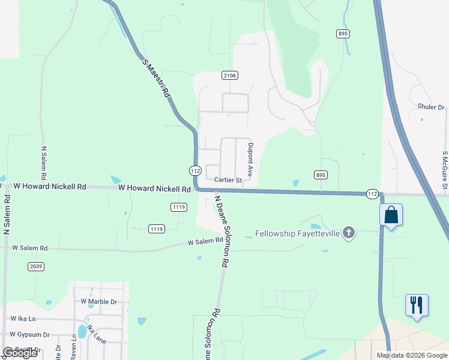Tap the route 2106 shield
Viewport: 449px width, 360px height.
(x=230, y=75)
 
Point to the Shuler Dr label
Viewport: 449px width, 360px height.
(x=430, y=107)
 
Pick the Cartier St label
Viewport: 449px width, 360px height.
(x=228, y=180)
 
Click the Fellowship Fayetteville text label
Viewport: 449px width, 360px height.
(x=298, y=233)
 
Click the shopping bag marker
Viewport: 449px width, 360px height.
(x=391, y=215)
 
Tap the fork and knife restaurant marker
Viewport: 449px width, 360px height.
(x=416, y=305)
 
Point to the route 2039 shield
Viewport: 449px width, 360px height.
(x=35, y=266)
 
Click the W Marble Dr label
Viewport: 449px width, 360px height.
(x=99, y=302)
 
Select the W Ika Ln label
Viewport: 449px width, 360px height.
(x=23, y=319)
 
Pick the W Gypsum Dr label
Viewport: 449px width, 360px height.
(x=29, y=334)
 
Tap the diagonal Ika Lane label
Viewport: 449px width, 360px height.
(x=96, y=334)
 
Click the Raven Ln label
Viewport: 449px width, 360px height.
(x=73, y=350)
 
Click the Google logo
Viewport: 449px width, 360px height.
(x=20, y=353)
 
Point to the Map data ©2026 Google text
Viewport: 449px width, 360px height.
(x=412, y=355)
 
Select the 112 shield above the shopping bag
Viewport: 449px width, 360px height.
(x=373, y=194)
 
